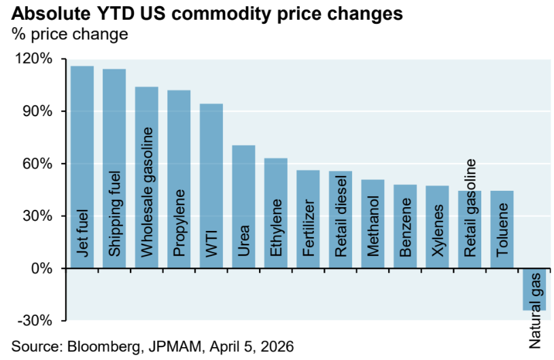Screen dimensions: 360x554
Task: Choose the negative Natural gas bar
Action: point(534,289)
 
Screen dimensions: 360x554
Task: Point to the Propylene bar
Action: point(179,179)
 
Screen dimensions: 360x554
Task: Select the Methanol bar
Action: point(373,223)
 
